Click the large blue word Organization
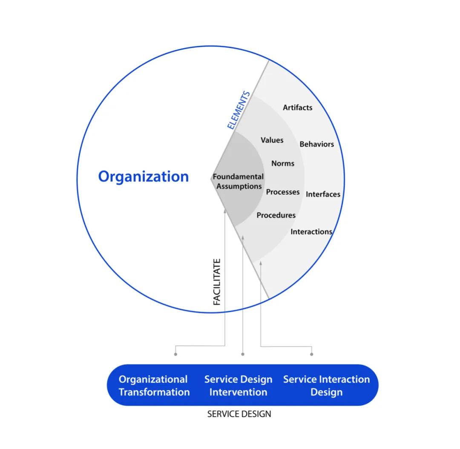[x=144, y=176]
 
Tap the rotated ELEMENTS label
[x=238, y=110]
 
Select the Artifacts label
[x=297, y=108]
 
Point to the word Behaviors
[x=316, y=144]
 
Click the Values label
[x=272, y=140]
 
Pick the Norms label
[x=282, y=163]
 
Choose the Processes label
[x=283, y=192]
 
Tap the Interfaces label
[x=323, y=194]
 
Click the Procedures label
[x=276, y=215]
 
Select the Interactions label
[x=311, y=232]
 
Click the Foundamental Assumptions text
[x=238, y=181]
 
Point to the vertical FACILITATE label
[x=217, y=281]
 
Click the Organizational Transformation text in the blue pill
[x=154, y=385]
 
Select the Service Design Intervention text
[x=238, y=385]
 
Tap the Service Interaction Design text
[x=326, y=385]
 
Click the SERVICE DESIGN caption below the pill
[x=239, y=414]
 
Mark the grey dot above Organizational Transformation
[x=175, y=354]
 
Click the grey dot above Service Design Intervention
[x=243, y=354]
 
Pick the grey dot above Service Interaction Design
[x=311, y=354]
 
